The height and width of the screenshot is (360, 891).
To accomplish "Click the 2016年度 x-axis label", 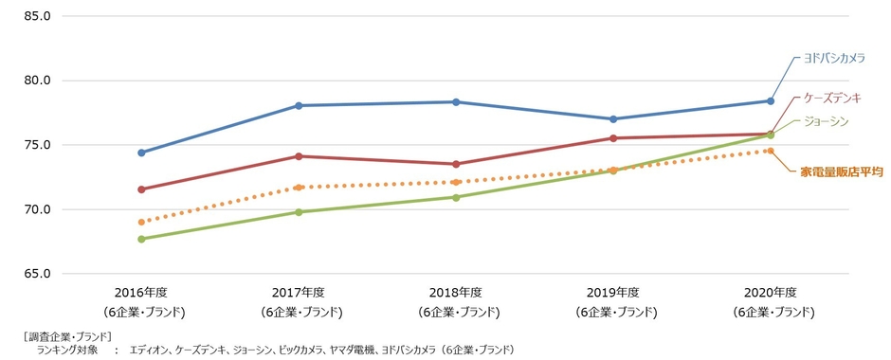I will (x=141, y=292).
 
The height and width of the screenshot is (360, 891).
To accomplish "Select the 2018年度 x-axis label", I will (x=456, y=292).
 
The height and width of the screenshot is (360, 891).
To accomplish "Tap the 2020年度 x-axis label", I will (x=770, y=292).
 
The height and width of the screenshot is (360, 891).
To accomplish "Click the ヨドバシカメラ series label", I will (x=834, y=58).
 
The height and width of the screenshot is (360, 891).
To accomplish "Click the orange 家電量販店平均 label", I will (x=842, y=171).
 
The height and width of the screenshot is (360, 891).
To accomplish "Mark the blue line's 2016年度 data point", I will (x=141, y=153).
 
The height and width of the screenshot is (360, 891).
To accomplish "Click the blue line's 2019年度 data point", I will (x=613, y=119).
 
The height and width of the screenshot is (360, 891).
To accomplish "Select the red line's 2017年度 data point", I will (x=299, y=156).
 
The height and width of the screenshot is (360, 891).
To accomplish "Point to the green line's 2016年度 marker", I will (x=141, y=239).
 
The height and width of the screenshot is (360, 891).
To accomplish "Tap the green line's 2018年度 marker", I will (x=456, y=197).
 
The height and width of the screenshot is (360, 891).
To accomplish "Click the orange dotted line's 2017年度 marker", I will (x=299, y=188).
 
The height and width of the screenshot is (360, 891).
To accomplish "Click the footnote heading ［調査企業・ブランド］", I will (x=65, y=336).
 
